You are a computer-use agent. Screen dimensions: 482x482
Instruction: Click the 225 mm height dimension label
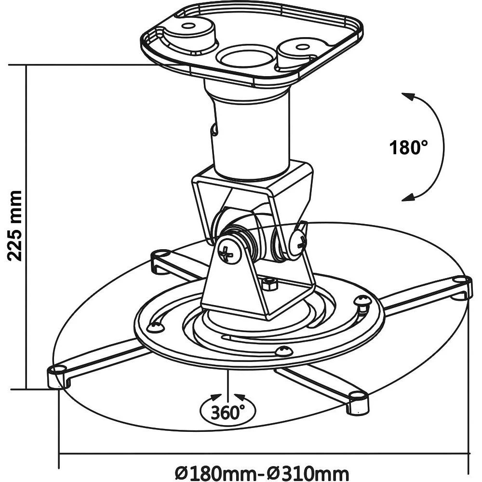click(x=15, y=226)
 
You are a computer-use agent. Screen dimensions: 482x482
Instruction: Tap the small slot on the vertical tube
click(x=213, y=129)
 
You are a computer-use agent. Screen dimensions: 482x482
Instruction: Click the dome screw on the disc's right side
click(x=362, y=301)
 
